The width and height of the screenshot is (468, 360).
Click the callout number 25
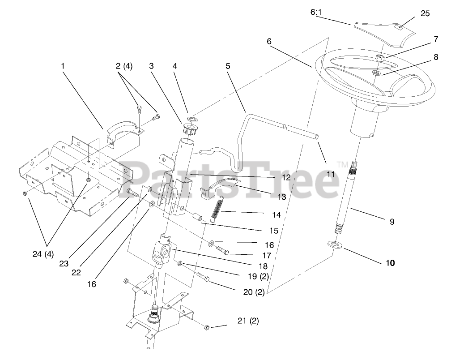click(x=425, y=13)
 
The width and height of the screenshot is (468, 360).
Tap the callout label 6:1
click(x=316, y=12)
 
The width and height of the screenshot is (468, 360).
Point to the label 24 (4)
click(x=43, y=254)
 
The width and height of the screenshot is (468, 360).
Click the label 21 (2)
click(x=248, y=321)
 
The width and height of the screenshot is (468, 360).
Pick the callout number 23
click(x=64, y=264)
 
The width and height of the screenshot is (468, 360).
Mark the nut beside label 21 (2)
click(x=207, y=327)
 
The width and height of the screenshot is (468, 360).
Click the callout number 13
click(x=281, y=196)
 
